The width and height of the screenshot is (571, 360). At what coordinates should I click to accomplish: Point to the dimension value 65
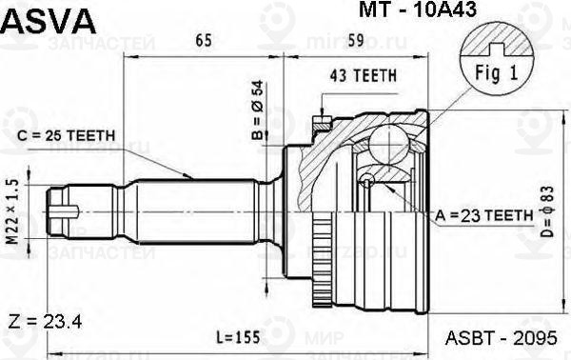point(203,39)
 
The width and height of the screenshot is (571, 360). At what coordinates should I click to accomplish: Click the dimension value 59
point(355,39)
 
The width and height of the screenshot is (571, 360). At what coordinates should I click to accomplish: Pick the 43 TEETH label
point(363,75)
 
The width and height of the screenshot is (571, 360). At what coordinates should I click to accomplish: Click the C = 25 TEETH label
point(68,135)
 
